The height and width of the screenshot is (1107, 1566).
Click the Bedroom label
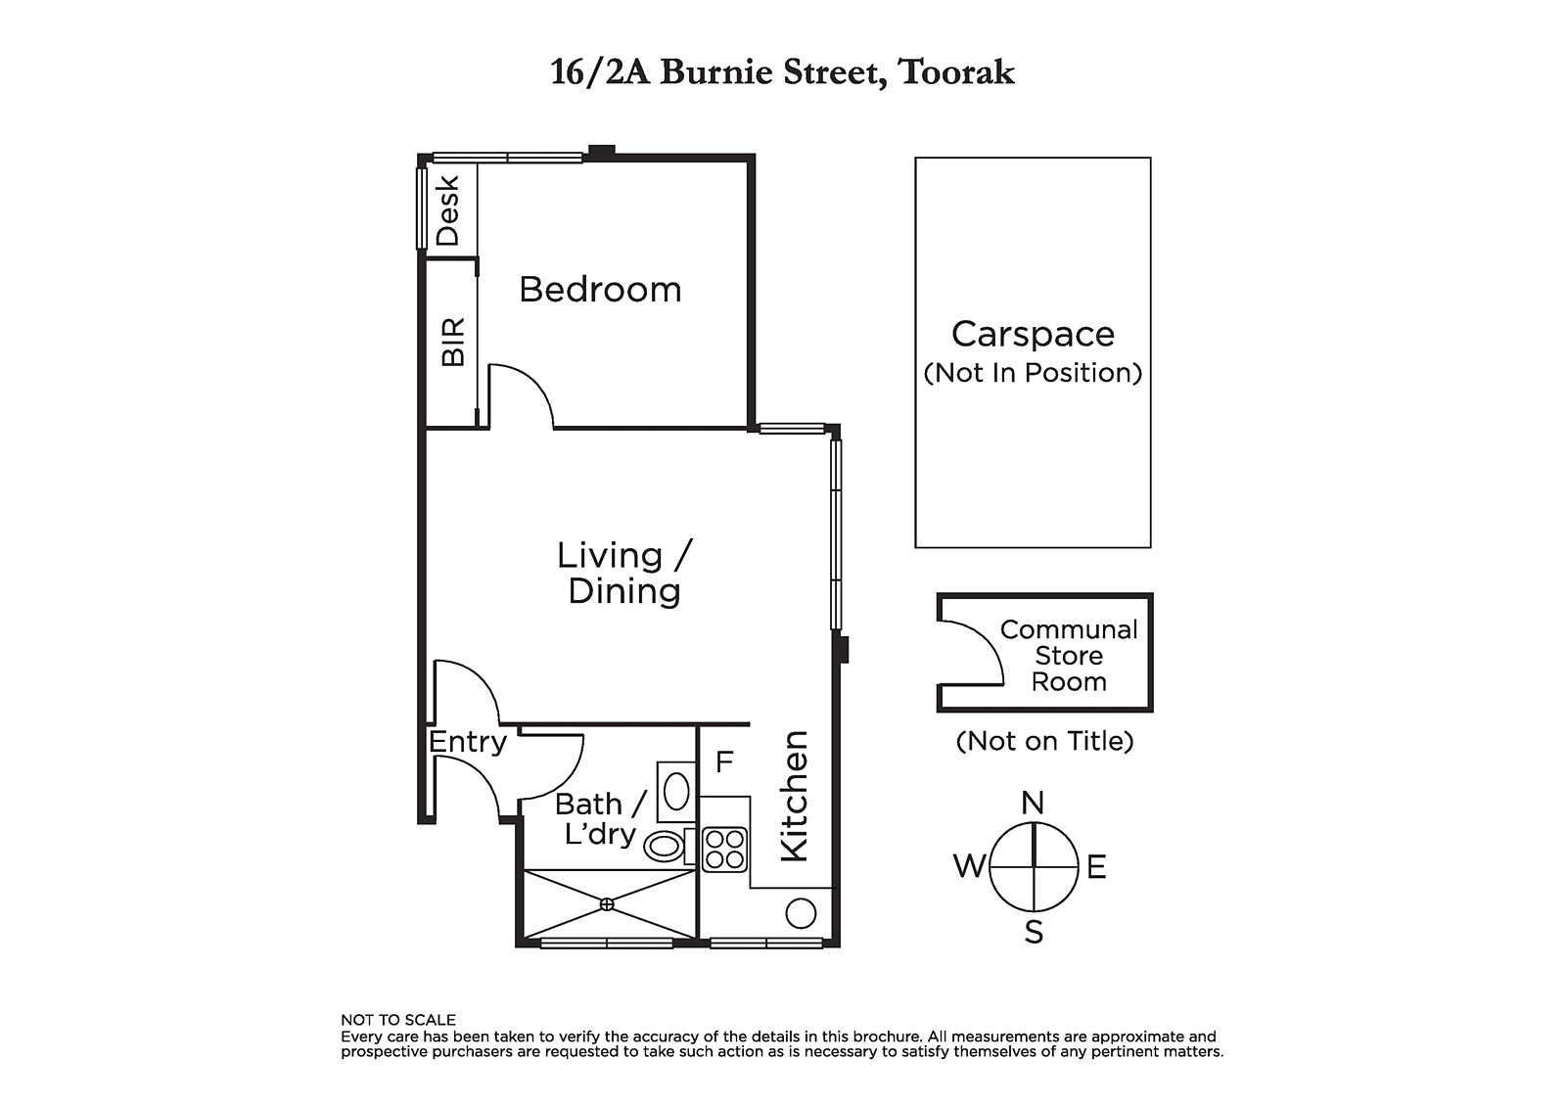click(x=600, y=290)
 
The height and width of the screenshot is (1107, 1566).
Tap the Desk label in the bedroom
click(x=447, y=210)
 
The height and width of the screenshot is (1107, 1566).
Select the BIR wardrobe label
click(x=453, y=342)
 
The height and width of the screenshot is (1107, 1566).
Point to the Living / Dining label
click(x=624, y=573)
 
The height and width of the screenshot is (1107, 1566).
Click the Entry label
click(x=468, y=743)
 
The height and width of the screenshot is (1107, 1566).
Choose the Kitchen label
click(x=794, y=796)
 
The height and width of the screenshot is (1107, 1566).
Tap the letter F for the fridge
click(x=724, y=761)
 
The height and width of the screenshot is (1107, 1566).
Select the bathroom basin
click(x=676, y=792)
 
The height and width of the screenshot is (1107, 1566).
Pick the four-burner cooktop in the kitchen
click(x=724, y=850)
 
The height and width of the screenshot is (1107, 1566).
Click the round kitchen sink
click(x=801, y=913)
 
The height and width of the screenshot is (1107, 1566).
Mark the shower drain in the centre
click(x=607, y=904)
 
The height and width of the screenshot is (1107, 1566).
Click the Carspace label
click(x=1033, y=335)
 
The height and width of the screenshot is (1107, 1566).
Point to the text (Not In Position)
click(x=1033, y=373)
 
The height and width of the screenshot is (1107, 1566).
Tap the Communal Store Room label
click(x=1069, y=655)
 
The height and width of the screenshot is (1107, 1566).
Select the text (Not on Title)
click(x=1044, y=741)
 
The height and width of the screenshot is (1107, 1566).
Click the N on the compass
click(x=1033, y=803)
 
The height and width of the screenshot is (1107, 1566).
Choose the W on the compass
click(x=969, y=866)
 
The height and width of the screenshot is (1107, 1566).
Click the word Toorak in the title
click(x=956, y=72)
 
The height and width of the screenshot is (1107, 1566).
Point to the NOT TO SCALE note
click(x=397, y=1020)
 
